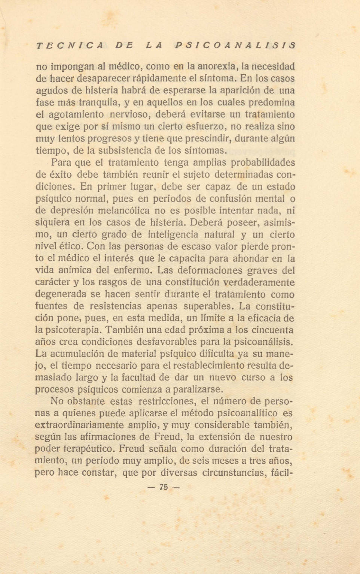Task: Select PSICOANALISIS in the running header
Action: coord(236,46)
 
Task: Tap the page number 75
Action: coord(164,487)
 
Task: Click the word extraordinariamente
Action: coord(79,426)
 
